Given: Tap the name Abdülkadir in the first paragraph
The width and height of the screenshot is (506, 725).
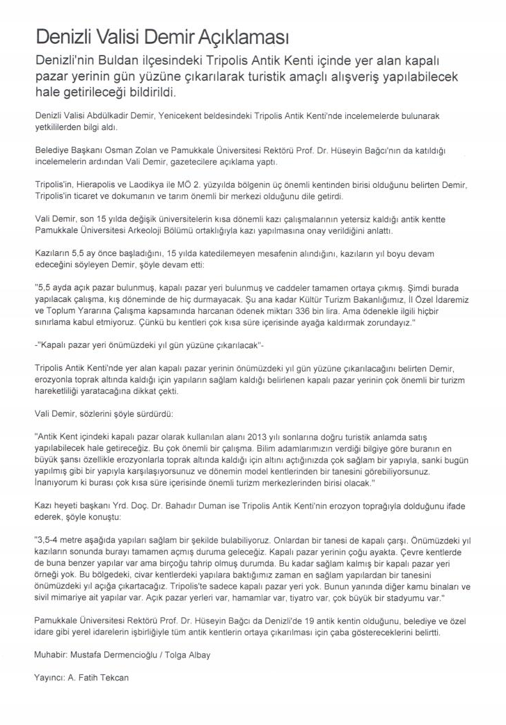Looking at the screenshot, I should [115, 113].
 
